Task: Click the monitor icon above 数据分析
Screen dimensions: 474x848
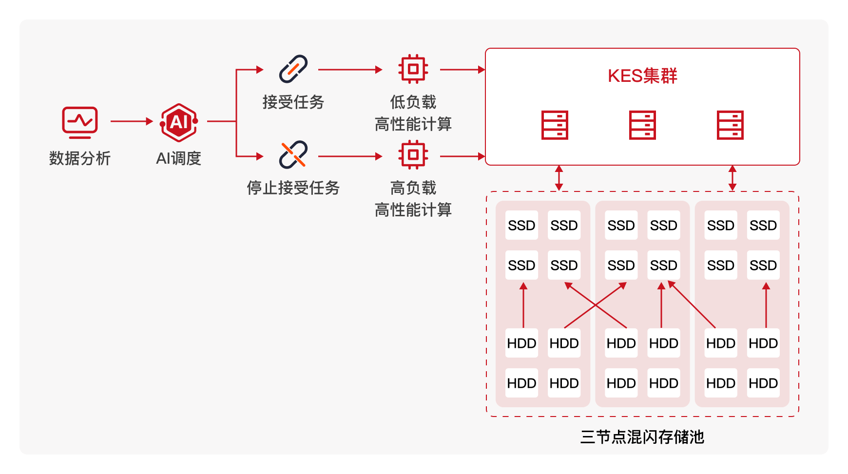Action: click(x=80, y=122)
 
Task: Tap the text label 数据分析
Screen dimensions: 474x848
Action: click(x=80, y=158)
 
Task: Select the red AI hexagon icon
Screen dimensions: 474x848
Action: click(x=179, y=122)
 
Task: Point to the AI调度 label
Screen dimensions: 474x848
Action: click(x=178, y=158)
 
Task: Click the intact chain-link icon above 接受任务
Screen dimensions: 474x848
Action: click(x=293, y=69)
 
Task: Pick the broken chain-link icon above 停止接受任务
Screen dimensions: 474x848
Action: click(x=293, y=154)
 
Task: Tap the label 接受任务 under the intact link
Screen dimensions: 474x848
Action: click(x=293, y=102)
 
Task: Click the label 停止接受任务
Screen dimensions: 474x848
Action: click(x=293, y=188)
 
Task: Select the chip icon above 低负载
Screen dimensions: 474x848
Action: click(x=413, y=69)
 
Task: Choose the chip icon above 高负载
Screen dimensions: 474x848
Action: click(x=413, y=155)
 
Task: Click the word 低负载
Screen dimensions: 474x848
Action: click(x=413, y=102)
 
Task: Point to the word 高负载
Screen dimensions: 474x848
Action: click(x=413, y=188)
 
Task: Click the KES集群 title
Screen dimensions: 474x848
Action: click(x=642, y=76)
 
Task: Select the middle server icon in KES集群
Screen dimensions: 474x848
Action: click(x=642, y=125)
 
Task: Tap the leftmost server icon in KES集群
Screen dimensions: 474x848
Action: click(x=555, y=125)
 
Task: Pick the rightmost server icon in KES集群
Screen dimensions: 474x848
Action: click(x=730, y=125)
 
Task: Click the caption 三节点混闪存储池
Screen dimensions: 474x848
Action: click(x=642, y=437)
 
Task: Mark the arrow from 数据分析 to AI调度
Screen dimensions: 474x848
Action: click(x=132, y=121)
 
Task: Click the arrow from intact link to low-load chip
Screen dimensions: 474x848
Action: click(x=350, y=70)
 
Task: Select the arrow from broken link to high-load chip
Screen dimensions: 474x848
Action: click(x=350, y=156)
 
